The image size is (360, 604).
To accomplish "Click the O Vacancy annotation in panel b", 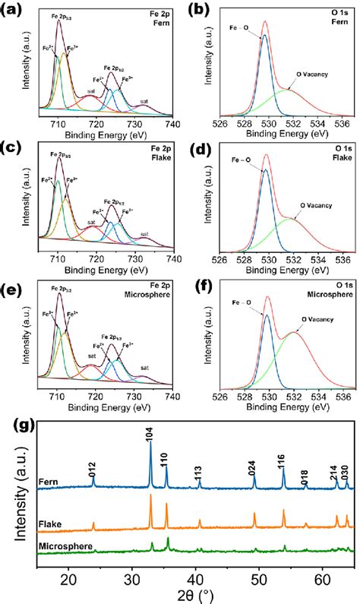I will pyautogui.click(x=311, y=77).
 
